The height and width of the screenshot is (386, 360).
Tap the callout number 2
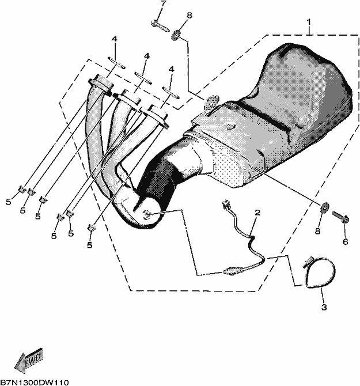(x=257, y=213)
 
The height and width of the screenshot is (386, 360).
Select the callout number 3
(x=324, y=307)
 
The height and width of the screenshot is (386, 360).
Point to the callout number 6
(x=345, y=242)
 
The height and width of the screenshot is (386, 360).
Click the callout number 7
(x=164, y=4)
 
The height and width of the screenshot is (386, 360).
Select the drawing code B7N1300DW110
(x=35, y=383)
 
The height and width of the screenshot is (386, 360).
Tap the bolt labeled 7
(x=160, y=27)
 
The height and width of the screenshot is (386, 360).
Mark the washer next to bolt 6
(x=324, y=207)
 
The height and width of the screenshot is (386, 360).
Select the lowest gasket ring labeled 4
(x=170, y=93)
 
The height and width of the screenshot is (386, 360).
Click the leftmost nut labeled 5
(x=22, y=189)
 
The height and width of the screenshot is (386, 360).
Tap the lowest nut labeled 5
(x=91, y=228)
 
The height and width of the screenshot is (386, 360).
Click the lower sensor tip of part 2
(x=232, y=271)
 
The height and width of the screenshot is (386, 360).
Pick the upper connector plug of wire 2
(x=226, y=205)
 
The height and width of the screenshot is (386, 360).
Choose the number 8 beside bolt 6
(x=318, y=231)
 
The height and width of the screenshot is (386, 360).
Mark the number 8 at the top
(x=190, y=15)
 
